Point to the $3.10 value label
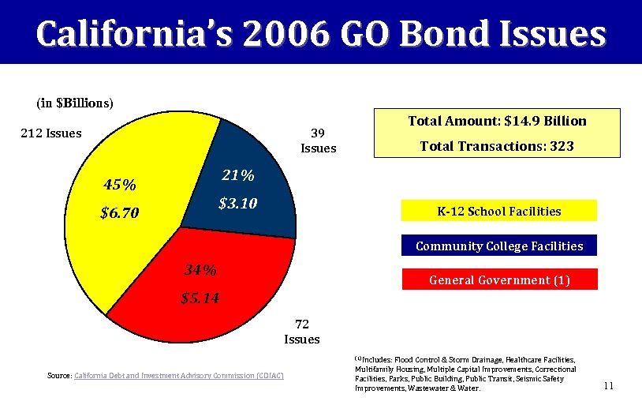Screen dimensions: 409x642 point(237,204)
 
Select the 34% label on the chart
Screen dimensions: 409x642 point(200,270)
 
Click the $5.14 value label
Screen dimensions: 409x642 point(200,298)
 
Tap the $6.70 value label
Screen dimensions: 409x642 point(120,214)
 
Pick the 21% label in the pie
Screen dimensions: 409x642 point(237,174)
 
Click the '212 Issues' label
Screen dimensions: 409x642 point(50,133)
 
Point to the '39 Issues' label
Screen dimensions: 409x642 point(318,141)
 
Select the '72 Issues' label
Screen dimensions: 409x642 point(302,332)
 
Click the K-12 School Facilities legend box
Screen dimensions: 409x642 point(498,211)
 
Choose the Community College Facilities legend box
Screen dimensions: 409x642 point(498,246)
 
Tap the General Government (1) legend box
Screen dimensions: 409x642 point(498,280)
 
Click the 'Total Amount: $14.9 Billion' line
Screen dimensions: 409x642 point(497,121)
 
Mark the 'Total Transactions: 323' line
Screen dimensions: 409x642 point(497,146)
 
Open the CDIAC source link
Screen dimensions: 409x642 point(178,374)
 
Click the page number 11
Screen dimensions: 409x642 point(608,386)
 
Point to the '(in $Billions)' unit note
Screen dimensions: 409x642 point(75,103)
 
